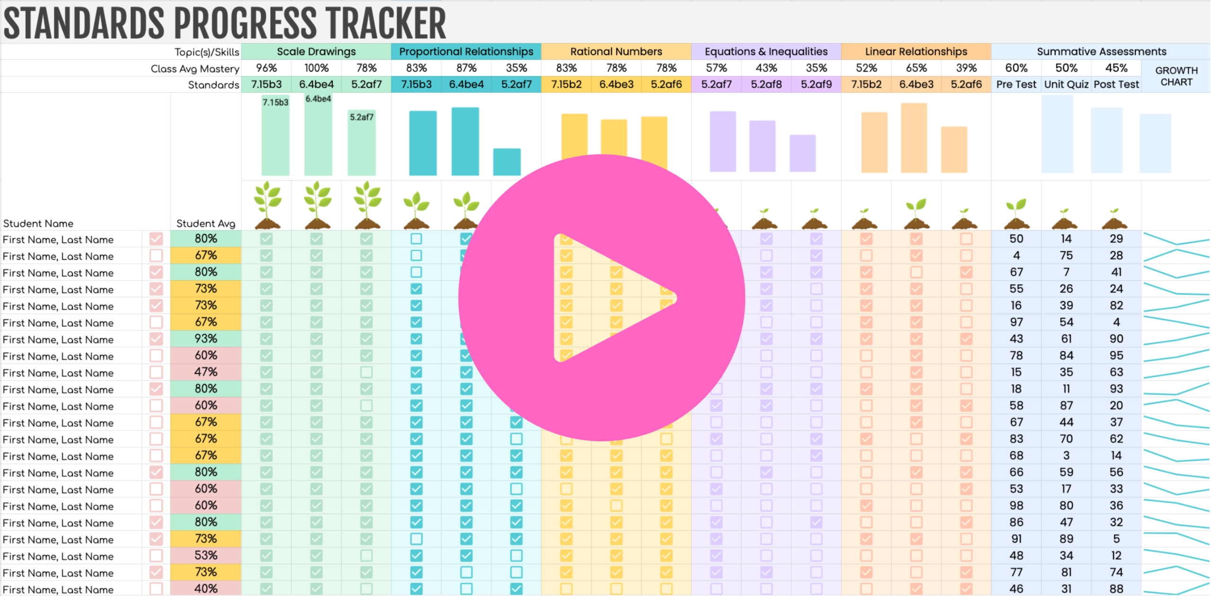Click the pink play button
(x=602, y=298)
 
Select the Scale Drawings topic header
(x=316, y=52)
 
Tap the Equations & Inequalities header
(x=766, y=52)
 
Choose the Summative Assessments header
(x=1101, y=52)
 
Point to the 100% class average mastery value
(x=316, y=68)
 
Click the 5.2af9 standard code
(x=816, y=85)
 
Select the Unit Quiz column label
(x=1066, y=85)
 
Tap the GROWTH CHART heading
(x=1176, y=76)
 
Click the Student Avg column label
(x=205, y=223)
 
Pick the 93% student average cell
(x=206, y=339)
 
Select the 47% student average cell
(x=206, y=372)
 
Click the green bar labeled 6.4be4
(x=318, y=137)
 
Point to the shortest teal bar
(x=507, y=162)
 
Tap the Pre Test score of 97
(x=1016, y=322)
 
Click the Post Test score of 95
(x=1116, y=356)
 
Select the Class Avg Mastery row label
(x=195, y=69)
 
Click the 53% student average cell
(x=206, y=555)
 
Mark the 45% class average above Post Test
(x=1116, y=68)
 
